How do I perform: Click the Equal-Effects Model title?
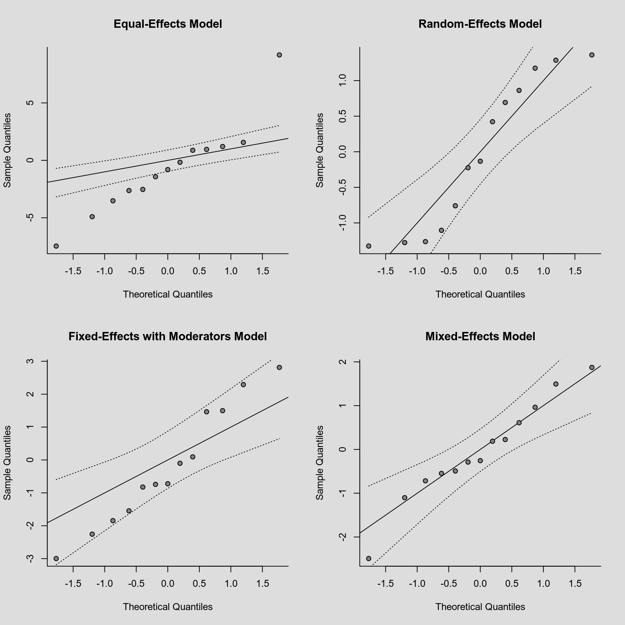tap(168, 24)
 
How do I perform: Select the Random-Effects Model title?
tap(480, 24)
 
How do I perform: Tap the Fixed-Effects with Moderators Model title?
tap(168, 336)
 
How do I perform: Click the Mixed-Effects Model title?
tap(480, 336)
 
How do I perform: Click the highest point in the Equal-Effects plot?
tap(279, 55)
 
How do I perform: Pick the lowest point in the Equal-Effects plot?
tap(56, 246)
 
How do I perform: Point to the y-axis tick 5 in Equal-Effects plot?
tap(31, 103)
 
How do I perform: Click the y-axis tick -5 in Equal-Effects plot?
tap(31, 218)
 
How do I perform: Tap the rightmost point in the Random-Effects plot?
tap(592, 55)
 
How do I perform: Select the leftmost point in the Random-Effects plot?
tap(369, 246)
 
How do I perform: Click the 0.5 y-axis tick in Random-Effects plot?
tap(343, 116)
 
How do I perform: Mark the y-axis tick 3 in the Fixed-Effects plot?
tap(31, 361)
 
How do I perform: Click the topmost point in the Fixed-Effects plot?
tap(279, 367)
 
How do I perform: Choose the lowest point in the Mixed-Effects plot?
tap(369, 558)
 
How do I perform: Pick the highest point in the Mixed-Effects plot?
tap(592, 367)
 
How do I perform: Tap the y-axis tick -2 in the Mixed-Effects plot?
tap(343, 537)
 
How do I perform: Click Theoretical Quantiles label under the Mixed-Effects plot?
tap(480, 607)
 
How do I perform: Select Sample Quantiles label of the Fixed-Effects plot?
tap(8, 462)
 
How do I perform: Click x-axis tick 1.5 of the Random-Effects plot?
tap(575, 271)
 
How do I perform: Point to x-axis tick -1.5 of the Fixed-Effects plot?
tap(73, 584)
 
